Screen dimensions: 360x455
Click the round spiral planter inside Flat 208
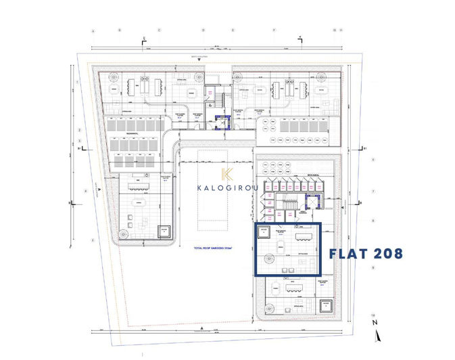(269, 258)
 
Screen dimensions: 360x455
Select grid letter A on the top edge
(94, 31)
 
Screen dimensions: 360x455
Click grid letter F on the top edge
(274, 31)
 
